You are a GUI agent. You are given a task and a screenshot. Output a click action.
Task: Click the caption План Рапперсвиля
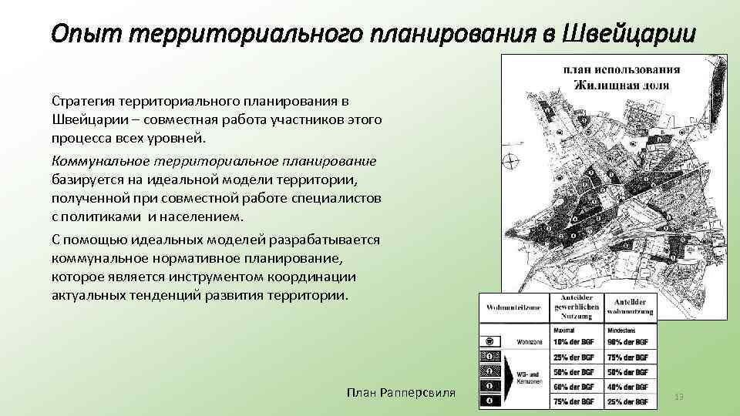click(x=401, y=393)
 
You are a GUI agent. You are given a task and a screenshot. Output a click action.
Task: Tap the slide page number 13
click(x=679, y=396)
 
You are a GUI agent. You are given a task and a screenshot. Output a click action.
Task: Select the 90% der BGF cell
click(x=631, y=341)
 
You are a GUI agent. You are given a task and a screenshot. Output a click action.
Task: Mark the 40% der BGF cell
click(x=631, y=387)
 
